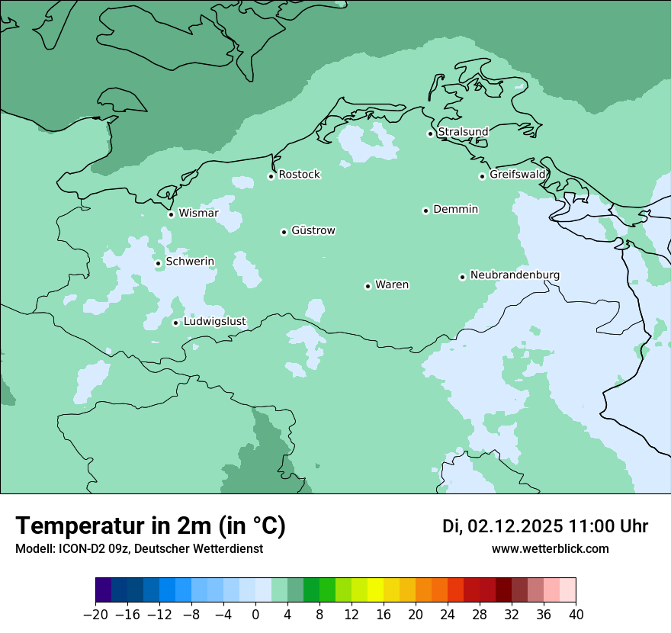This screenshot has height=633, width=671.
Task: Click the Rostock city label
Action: [x=299, y=175]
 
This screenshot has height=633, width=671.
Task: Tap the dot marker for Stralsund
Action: [x=430, y=133]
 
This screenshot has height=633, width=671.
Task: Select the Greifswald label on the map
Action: [x=518, y=175]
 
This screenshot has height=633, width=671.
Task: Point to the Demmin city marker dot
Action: [x=425, y=210]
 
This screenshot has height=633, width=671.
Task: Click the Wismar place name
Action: [x=198, y=214]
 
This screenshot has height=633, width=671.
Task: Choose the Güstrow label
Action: [x=313, y=230]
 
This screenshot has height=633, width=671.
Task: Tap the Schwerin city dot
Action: [x=158, y=263]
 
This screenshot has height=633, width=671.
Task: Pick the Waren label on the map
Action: [x=392, y=285]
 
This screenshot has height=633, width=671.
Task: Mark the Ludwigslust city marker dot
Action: [x=175, y=323]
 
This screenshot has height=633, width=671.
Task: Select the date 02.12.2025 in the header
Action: [x=515, y=526]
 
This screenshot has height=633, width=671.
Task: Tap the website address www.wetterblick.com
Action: [x=550, y=548]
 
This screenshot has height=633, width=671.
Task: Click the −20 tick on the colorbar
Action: [x=95, y=615]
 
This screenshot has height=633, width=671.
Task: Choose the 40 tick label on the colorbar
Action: [x=576, y=615]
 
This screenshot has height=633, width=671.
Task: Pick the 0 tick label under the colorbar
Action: [x=255, y=615]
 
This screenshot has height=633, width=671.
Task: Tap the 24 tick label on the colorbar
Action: [x=448, y=615]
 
